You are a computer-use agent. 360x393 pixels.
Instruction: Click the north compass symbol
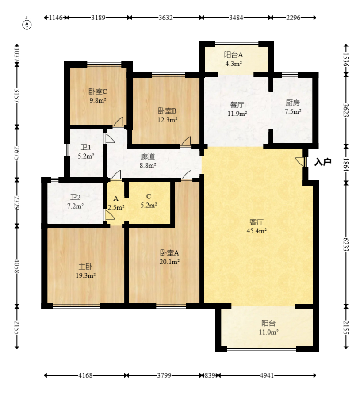[x=27, y=24]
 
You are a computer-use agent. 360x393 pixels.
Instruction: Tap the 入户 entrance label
[x=323, y=162]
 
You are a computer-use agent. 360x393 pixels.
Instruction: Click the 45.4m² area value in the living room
[x=257, y=231]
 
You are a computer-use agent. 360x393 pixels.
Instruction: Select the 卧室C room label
[x=98, y=92]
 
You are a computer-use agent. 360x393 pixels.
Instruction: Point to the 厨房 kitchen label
[x=293, y=103]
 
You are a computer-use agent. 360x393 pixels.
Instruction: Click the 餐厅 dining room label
[x=237, y=105]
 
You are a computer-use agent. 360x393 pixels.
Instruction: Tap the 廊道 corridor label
[x=148, y=156]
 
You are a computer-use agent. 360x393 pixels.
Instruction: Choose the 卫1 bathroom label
[x=86, y=147]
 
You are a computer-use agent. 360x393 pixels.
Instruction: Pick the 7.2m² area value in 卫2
[x=75, y=206]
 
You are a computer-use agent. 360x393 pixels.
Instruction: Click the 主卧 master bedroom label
[x=85, y=267]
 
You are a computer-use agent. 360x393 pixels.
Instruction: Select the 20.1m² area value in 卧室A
[x=169, y=262]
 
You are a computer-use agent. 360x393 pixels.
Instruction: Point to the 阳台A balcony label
[x=234, y=55]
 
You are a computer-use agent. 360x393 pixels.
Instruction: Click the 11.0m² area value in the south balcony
[x=269, y=332]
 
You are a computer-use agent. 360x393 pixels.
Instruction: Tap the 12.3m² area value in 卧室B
[x=168, y=120]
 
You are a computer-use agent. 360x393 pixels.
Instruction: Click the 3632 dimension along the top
[x=165, y=18]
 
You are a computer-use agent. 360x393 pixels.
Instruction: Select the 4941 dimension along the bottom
[x=267, y=375]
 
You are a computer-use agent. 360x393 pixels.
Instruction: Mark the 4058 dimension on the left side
[x=17, y=266]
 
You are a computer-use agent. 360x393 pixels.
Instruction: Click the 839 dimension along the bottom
[x=210, y=375]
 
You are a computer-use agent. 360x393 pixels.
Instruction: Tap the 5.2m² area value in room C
[x=149, y=205]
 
